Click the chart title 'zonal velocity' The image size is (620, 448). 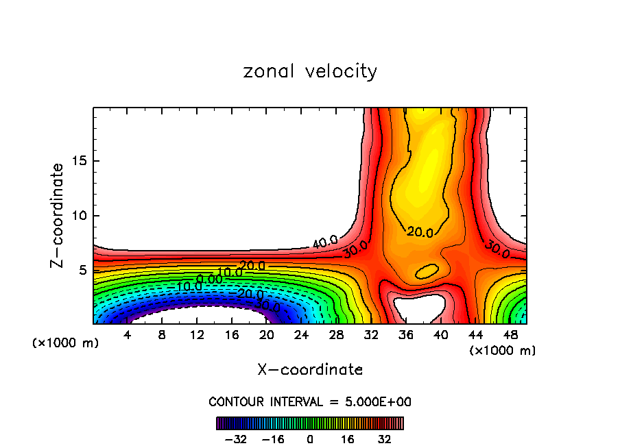tap(310, 72)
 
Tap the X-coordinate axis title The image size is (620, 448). tap(310, 370)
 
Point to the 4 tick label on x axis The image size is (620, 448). tap(128, 336)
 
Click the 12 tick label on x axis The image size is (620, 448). tap(197, 336)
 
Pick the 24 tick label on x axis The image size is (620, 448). tap(301, 336)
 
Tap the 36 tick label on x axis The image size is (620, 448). tap(405, 336)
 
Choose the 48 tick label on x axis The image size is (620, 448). tap(510, 336)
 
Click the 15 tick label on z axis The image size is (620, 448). tap(79, 162)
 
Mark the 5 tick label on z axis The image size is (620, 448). tap(82, 270)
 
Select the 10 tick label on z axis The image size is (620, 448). tap(79, 216)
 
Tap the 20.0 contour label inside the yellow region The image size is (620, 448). tap(419, 233)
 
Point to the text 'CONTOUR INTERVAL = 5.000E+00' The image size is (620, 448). tap(310, 401)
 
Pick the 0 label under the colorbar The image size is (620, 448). tap(310, 439)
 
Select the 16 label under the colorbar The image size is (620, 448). tap(348, 439)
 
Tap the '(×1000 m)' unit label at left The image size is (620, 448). tap(66, 343)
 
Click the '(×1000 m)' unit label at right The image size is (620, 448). tap(503, 351)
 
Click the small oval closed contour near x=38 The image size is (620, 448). tap(427, 271)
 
